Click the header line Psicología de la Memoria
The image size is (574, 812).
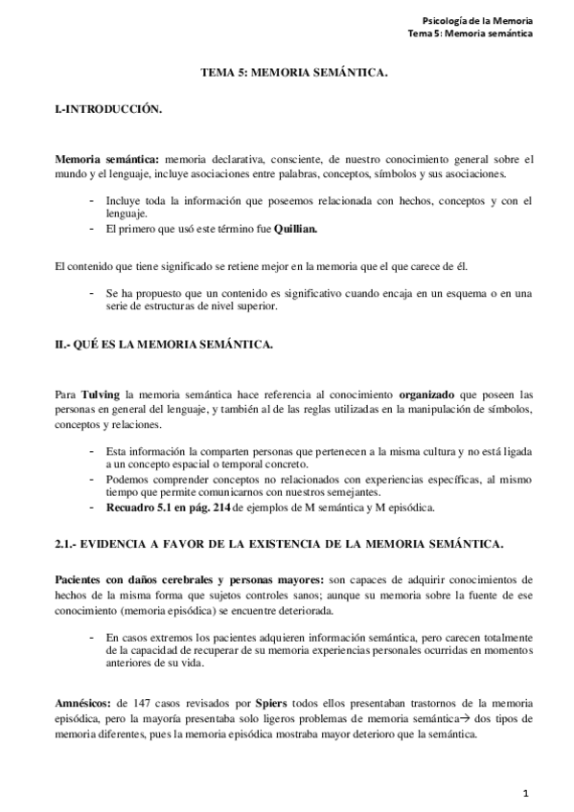point(476,21)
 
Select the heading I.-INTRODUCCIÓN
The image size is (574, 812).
point(108,110)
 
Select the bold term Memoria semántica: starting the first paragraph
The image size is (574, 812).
point(107,159)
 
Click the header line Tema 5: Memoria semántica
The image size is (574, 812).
point(470,34)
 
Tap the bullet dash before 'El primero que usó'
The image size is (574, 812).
point(91,229)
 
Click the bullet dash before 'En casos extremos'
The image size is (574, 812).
point(91,635)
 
